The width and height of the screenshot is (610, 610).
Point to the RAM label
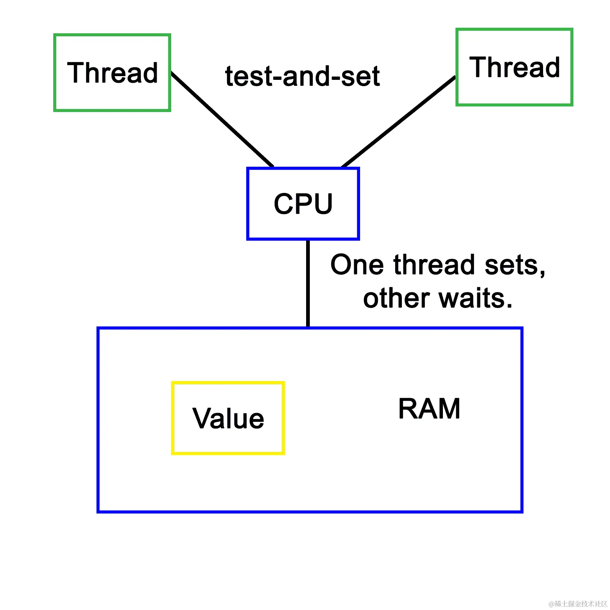(429, 409)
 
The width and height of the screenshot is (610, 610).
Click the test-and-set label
(302, 77)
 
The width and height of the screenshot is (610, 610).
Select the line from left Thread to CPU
(222, 119)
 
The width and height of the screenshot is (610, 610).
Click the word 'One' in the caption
(357, 265)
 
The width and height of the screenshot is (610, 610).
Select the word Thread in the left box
(112, 72)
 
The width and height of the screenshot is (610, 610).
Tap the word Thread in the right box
(515, 67)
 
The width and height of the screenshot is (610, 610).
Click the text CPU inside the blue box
(303, 204)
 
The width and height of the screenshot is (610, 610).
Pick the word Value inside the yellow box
(228, 418)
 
